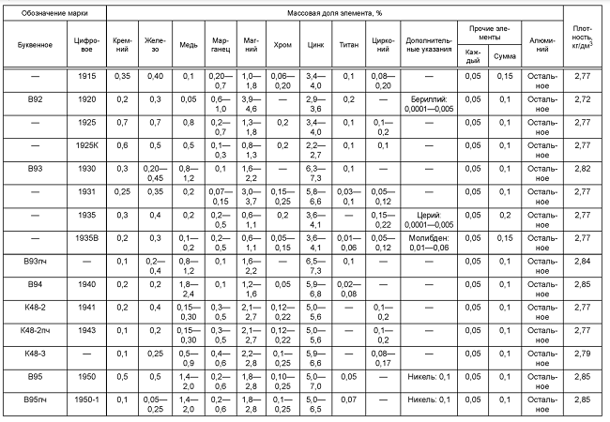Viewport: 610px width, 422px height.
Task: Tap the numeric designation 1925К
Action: pos(87,144)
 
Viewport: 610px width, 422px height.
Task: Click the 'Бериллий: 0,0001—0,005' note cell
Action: pos(432,102)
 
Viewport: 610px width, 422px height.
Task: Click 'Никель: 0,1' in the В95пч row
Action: pos(432,399)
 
